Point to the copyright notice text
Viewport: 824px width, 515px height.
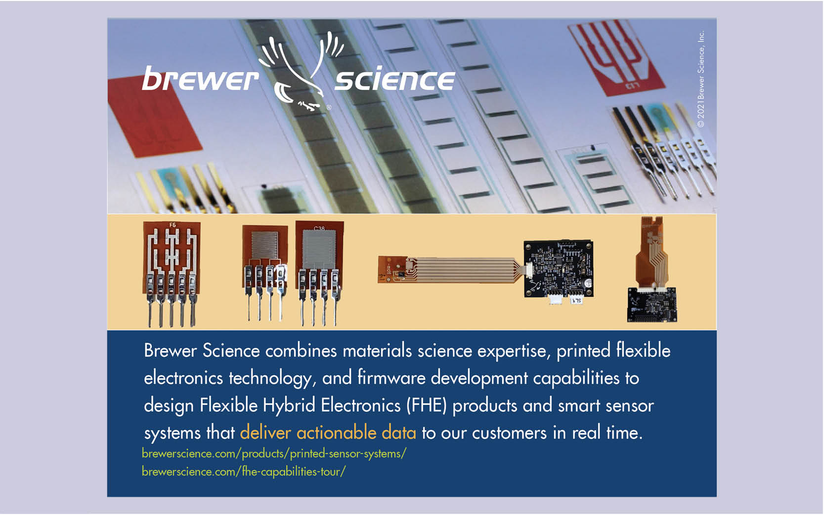click(x=701, y=79)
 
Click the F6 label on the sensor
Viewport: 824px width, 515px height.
click(x=173, y=225)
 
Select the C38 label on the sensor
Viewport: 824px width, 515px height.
click(x=319, y=228)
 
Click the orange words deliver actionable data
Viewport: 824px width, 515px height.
click(x=328, y=432)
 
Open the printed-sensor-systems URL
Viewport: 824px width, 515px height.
click(x=274, y=454)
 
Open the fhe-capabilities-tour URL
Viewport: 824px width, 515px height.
click(x=244, y=472)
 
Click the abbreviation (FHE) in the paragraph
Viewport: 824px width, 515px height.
click(x=427, y=405)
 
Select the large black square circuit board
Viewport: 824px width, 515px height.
click(x=559, y=268)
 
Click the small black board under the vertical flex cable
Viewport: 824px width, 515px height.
click(x=652, y=304)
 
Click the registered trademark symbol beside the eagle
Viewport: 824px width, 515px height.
click(x=329, y=107)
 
